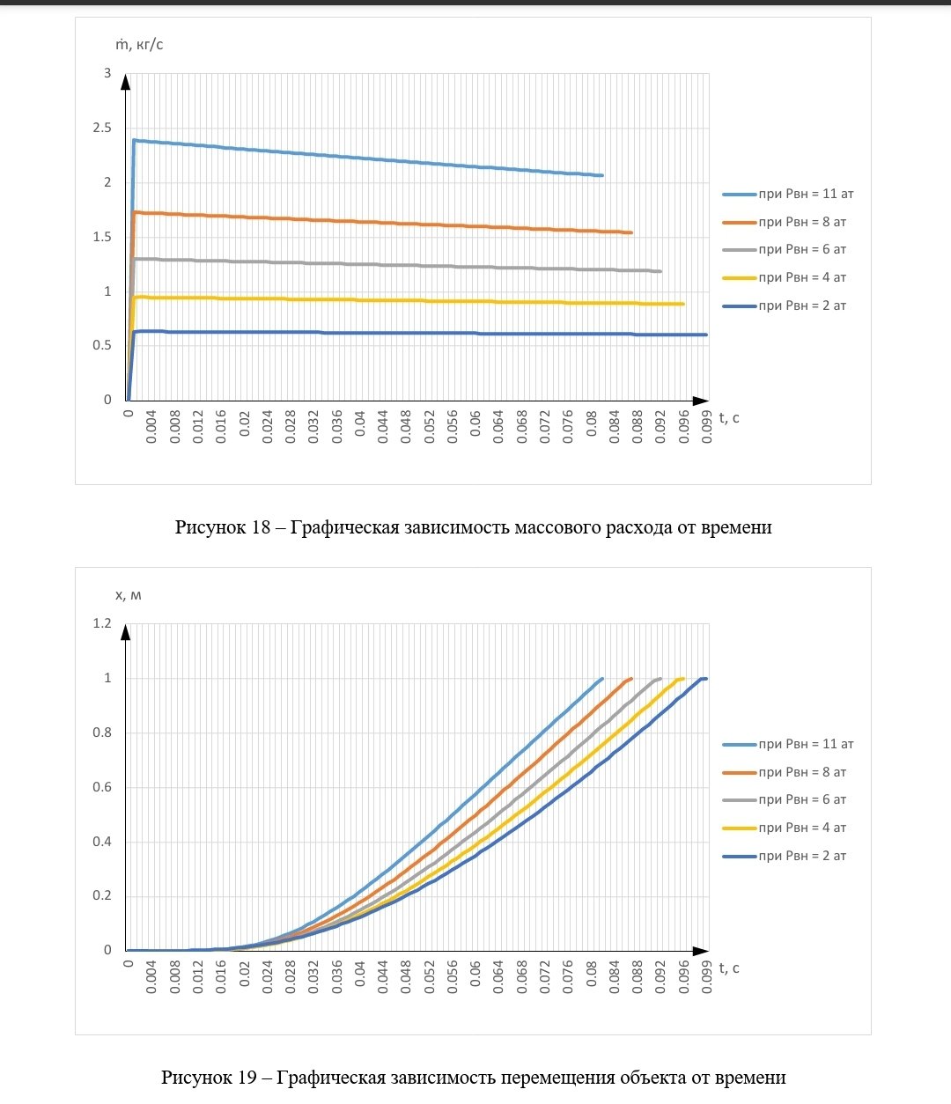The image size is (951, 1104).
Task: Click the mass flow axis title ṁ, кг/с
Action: [139, 45]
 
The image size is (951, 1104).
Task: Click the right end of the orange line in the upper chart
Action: [631, 232]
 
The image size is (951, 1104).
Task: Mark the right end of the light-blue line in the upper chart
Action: [602, 175]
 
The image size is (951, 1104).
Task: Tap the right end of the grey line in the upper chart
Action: [660, 271]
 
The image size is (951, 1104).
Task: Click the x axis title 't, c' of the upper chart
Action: [729, 417]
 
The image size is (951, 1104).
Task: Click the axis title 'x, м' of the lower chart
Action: [128, 595]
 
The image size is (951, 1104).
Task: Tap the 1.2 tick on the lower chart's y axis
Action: [103, 623]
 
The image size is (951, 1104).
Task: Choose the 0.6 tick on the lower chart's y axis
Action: [103, 787]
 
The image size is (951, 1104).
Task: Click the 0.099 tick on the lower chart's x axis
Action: [707, 976]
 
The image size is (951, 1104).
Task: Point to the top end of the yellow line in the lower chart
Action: [682, 678]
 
